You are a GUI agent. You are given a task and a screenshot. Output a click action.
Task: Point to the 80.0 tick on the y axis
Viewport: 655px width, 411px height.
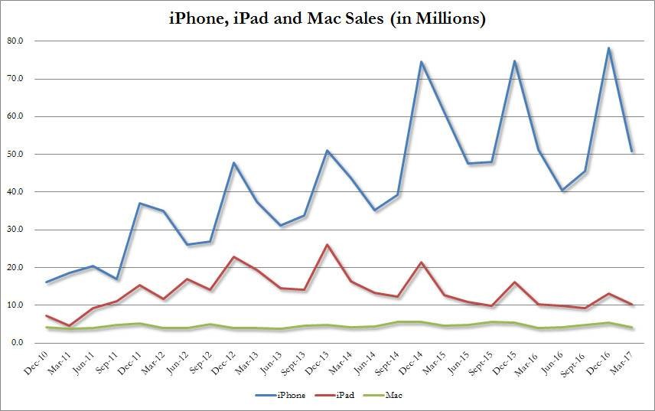click(x=15, y=41)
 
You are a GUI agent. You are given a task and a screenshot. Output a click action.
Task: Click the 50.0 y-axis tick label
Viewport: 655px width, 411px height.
click(x=15, y=154)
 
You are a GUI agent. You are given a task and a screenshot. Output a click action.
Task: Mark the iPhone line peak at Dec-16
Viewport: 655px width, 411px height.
click(x=609, y=48)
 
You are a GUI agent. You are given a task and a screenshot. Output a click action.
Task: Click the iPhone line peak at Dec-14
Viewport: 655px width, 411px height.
click(x=420, y=62)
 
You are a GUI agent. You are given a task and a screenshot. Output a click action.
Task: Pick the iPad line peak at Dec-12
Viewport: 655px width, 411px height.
click(x=234, y=257)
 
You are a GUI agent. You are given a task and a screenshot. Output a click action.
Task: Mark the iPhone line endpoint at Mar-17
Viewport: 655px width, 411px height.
click(x=632, y=152)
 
